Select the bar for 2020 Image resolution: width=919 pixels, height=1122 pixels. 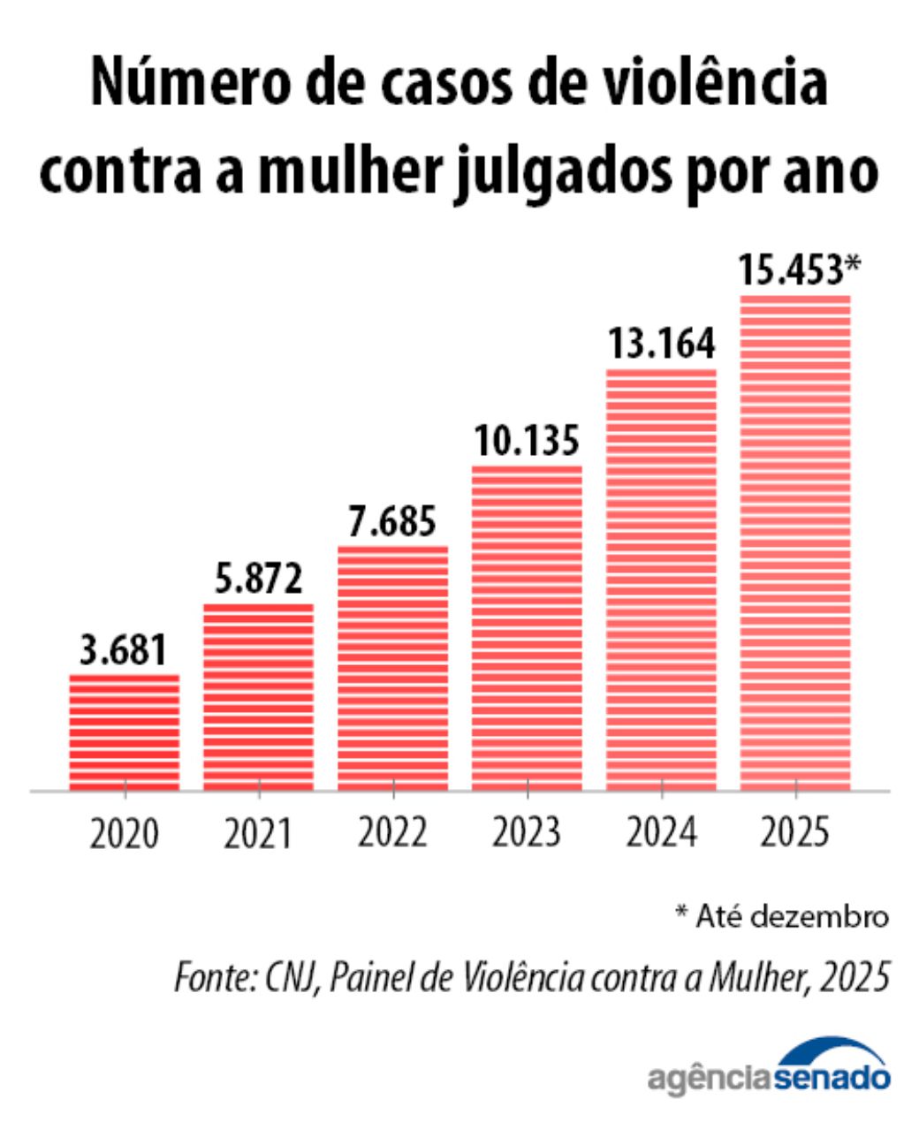pos(125,732)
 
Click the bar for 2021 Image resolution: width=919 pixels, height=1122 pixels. pos(258,697)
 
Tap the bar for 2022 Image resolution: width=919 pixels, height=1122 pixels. pos(392,668)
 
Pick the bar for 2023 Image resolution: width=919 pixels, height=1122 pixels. pos(527,628)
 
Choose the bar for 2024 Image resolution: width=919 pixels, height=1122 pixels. pos(661,580)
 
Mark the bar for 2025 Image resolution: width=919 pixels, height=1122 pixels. pos(795,542)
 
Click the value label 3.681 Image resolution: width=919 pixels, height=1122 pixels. pos(124,650)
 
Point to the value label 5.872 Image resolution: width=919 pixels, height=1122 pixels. pos(259,580)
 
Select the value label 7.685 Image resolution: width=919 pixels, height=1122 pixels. pos(392,521)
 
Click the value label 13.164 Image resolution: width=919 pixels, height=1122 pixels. pos(661,344)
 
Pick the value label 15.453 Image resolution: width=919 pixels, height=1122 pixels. pos(792,270)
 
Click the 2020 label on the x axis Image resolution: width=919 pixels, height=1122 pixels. pos(125,833)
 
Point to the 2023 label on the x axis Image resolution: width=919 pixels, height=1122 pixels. pos(527,833)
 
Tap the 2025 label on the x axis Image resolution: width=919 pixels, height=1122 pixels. pos(795,833)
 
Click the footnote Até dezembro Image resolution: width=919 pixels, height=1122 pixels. pos(781,916)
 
